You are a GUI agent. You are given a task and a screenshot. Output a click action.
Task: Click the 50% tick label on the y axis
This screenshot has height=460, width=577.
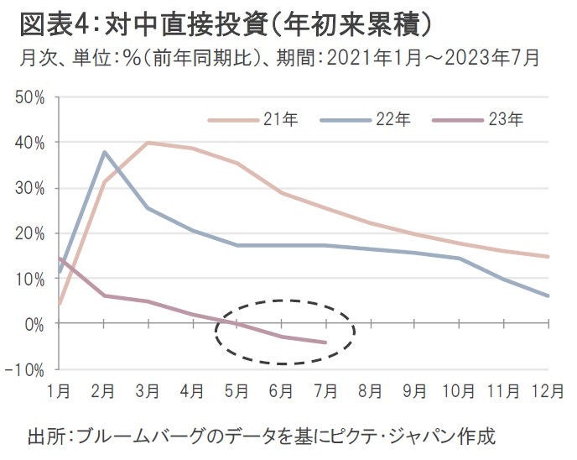[31, 97]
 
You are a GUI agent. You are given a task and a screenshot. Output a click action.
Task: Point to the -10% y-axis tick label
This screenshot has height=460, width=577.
[28, 369]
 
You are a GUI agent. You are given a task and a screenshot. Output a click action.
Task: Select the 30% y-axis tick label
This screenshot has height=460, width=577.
[31, 188]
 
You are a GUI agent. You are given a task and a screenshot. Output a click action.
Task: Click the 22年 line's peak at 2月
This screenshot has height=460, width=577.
[103, 152]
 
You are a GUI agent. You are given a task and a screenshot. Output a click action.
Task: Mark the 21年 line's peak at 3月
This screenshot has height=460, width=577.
[148, 143]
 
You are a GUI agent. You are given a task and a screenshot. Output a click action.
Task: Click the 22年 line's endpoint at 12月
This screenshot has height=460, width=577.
[548, 295]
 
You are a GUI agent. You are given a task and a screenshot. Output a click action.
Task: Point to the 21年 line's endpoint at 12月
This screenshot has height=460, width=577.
[548, 257]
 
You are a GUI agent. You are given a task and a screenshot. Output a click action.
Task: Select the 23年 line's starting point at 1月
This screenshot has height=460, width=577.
[59, 259]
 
